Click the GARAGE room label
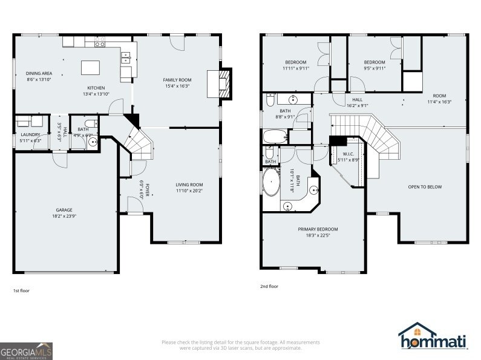pos(64,210)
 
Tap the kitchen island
pos(91,66)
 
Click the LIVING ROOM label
pos(189,185)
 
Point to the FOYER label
pos(146,190)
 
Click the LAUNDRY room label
pos(30,134)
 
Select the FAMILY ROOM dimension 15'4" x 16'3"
pos(177,86)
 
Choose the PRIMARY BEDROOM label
pos(317,229)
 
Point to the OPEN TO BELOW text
pos(425,187)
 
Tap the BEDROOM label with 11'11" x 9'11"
pos(296,62)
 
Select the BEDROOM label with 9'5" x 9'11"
pos(374,62)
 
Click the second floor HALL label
pos(357,99)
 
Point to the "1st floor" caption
pos(21,291)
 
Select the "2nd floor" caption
pos(269,286)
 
